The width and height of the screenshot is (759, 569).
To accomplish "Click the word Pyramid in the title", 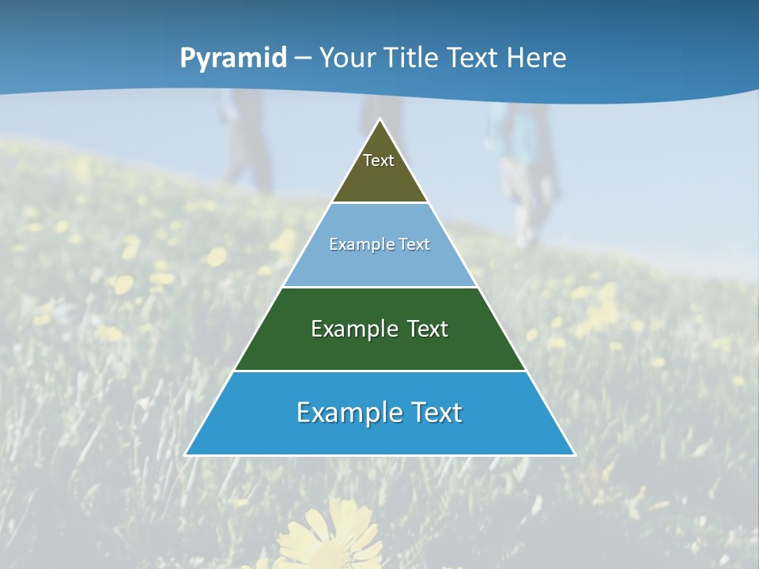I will (x=233, y=58).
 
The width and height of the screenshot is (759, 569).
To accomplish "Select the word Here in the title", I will (x=536, y=58).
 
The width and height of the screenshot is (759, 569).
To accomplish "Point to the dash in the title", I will (x=303, y=58).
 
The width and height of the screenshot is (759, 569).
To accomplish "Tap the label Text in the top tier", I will (x=379, y=160).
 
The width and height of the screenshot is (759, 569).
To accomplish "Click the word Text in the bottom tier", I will (x=431, y=413).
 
